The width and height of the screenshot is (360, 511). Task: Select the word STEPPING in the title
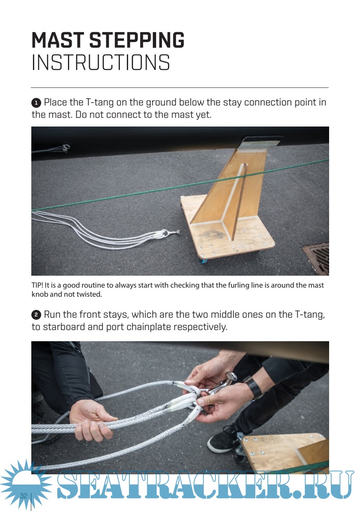(137, 40)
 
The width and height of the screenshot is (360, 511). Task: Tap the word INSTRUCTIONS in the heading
(101, 62)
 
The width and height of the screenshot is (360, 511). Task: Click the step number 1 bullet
(36, 103)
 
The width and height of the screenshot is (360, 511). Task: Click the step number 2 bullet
(36, 315)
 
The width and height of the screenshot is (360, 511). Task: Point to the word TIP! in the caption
(37, 285)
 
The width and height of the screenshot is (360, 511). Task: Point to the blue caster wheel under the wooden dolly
(203, 260)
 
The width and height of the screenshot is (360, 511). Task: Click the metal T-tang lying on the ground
(171, 232)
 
